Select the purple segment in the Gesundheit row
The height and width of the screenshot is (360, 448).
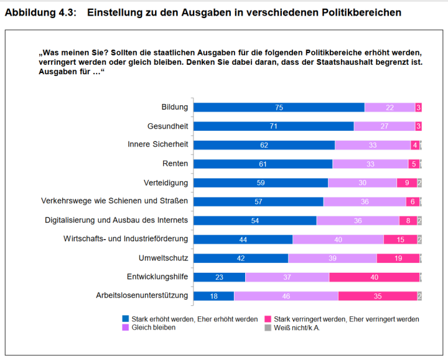coord(384,126)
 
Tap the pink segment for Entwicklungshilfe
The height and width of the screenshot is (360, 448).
coord(373,277)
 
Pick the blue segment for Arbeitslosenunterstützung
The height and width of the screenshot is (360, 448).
coord(213,296)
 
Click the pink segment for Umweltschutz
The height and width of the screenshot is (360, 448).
coord(398,258)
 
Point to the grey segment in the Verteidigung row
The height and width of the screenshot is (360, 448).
coord(419,182)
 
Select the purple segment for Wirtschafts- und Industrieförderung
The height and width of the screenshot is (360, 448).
coord(338,239)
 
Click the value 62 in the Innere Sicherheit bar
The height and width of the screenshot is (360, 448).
coord(263,145)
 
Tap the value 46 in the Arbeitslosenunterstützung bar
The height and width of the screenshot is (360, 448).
coord(286,296)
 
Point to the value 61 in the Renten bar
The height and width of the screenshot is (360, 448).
coord(263,164)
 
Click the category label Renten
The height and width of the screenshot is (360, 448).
coord(175,164)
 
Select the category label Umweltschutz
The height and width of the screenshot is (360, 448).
coord(163,258)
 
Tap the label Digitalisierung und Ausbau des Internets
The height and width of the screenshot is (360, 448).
coord(116,220)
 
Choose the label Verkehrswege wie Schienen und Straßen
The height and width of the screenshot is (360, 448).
coord(114,201)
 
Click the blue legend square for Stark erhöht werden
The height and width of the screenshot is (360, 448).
coord(126,319)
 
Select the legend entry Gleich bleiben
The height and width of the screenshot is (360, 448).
coord(154,328)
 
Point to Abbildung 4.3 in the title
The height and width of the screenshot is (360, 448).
coord(40,12)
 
